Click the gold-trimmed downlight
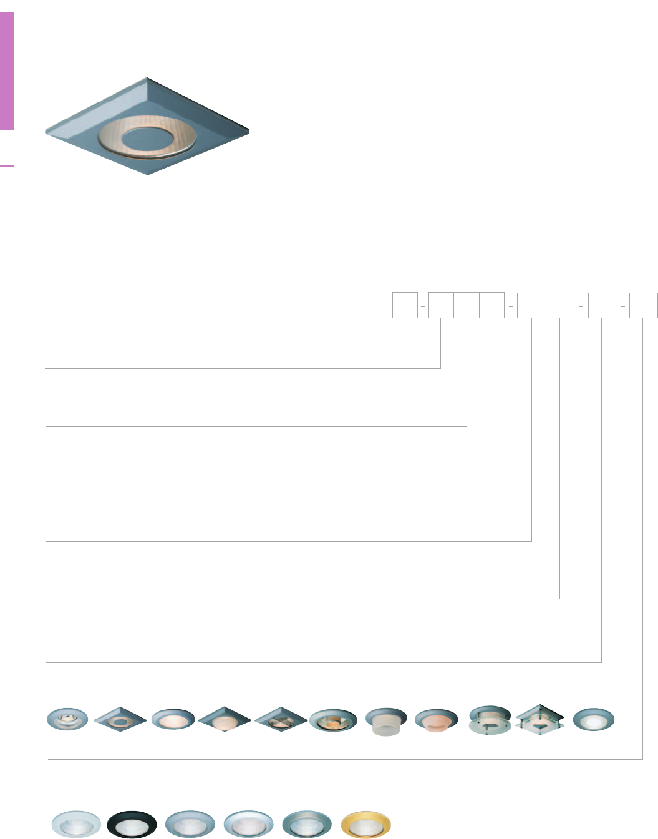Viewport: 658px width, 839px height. pyautogui.click(x=366, y=825)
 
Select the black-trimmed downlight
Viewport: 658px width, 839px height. pyautogui.click(x=132, y=825)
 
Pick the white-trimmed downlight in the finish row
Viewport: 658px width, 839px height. pyautogui.click(x=75, y=825)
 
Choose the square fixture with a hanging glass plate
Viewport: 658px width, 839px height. pyautogui.click(x=540, y=720)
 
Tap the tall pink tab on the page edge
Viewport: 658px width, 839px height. pyautogui.click(x=7, y=71)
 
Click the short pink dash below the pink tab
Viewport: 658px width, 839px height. pyautogui.click(x=7, y=166)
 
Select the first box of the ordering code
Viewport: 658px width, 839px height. pyautogui.click(x=405, y=305)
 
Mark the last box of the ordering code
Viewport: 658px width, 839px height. pyautogui.click(x=643, y=305)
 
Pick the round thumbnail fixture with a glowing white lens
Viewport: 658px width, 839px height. pyautogui.click(x=594, y=719)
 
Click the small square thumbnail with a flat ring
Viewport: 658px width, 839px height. pyautogui.click(x=120, y=719)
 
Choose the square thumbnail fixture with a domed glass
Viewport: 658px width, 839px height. pyautogui.click(x=225, y=720)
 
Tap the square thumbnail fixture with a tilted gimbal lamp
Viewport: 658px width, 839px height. pyautogui.click(x=281, y=719)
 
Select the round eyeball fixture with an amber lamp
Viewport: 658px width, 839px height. pyautogui.click(x=333, y=720)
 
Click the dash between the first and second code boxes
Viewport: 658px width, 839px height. pyautogui.click(x=423, y=306)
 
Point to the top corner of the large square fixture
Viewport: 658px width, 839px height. pyautogui.click(x=148, y=79)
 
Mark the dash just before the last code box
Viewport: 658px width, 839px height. pyautogui.click(x=623, y=306)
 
